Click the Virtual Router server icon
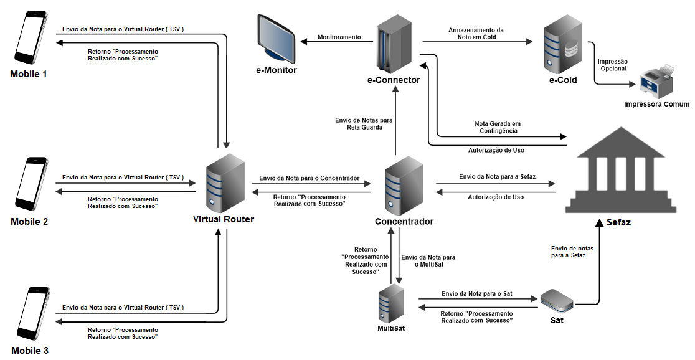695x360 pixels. pyautogui.click(x=222, y=182)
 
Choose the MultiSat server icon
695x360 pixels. pyautogui.click(x=392, y=303)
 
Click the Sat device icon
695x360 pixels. pyautogui.click(x=556, y=301)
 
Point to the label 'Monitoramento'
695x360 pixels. pyautogui.click(x=339, y=37)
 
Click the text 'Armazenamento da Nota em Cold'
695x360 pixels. pyautogui.click(x=476, y=34)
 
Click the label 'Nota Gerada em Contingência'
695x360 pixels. pyautogui.click(x=497, y=127)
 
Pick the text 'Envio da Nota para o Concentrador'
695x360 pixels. pyautogui.click(x=309, y=178)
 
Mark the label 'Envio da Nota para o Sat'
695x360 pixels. pyautogui.click(x=476, y=293)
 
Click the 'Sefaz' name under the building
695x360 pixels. pyautogui.click(x=618, y=222)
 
